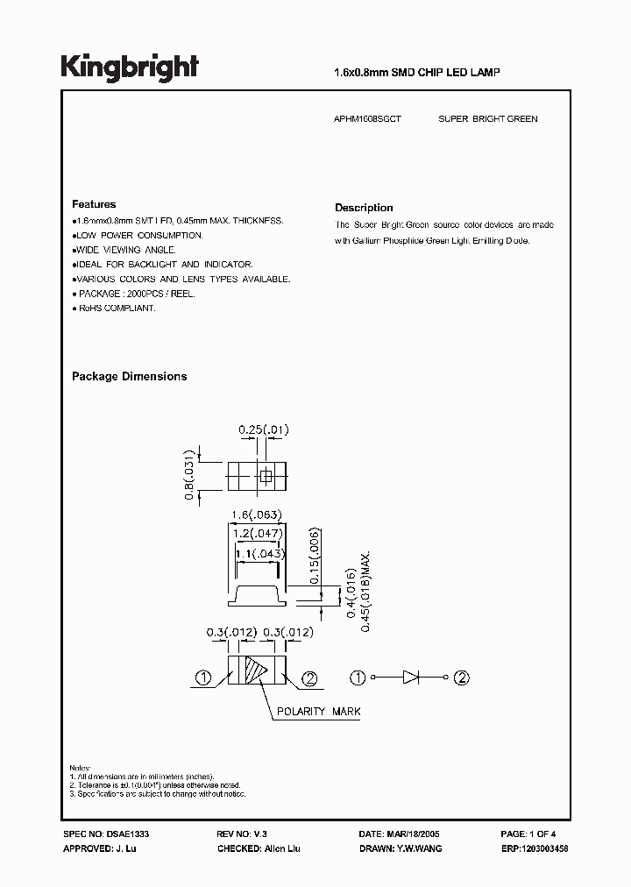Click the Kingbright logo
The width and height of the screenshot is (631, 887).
pyautogui.click(x=130, y=68)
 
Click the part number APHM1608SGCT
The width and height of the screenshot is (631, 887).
pyautogui.click(x=367, y=118)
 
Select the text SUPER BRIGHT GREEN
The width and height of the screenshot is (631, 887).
pyautogui.click(x=487, y=118)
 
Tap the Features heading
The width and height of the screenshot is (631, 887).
pyautogui.click(x=94, y=204)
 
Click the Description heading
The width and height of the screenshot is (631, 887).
pyautogui.click(x=364, y=208)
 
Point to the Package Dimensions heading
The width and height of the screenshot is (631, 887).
pyautogui.click(x=129, y=377)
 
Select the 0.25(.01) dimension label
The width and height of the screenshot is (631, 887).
pyautogui.click(x=264, y=429)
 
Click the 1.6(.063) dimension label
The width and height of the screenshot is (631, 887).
pyautogui.click(x=255, y=515)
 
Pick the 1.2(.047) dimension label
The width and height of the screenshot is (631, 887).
pyautogui.click(x=255, y=532)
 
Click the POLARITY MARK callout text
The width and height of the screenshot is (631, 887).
pyautogui.click(x=319, y=712)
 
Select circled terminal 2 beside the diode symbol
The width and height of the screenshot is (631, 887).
pyautogui.click(x=461, y=677)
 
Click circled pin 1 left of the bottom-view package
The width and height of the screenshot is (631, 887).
pyautogui.click(x=202, y=677)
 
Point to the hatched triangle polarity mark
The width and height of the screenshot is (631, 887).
pyautogui.click(x=256, y=676)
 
